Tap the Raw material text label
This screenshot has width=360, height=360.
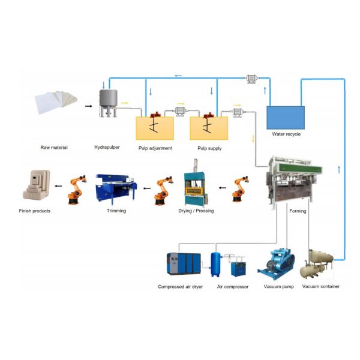click(54, 147)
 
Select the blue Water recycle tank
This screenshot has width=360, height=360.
click(286, 117)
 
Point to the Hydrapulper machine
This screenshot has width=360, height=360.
click(109, 105)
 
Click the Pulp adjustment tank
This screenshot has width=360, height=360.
click(155, 128)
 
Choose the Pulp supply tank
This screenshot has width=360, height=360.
click(209, 128)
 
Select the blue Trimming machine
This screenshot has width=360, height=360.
click(116, 188)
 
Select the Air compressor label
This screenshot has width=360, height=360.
click(233, 287)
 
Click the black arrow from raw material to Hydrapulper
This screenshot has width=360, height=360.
click(89, 106)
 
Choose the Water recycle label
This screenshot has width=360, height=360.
click(286, 134)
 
